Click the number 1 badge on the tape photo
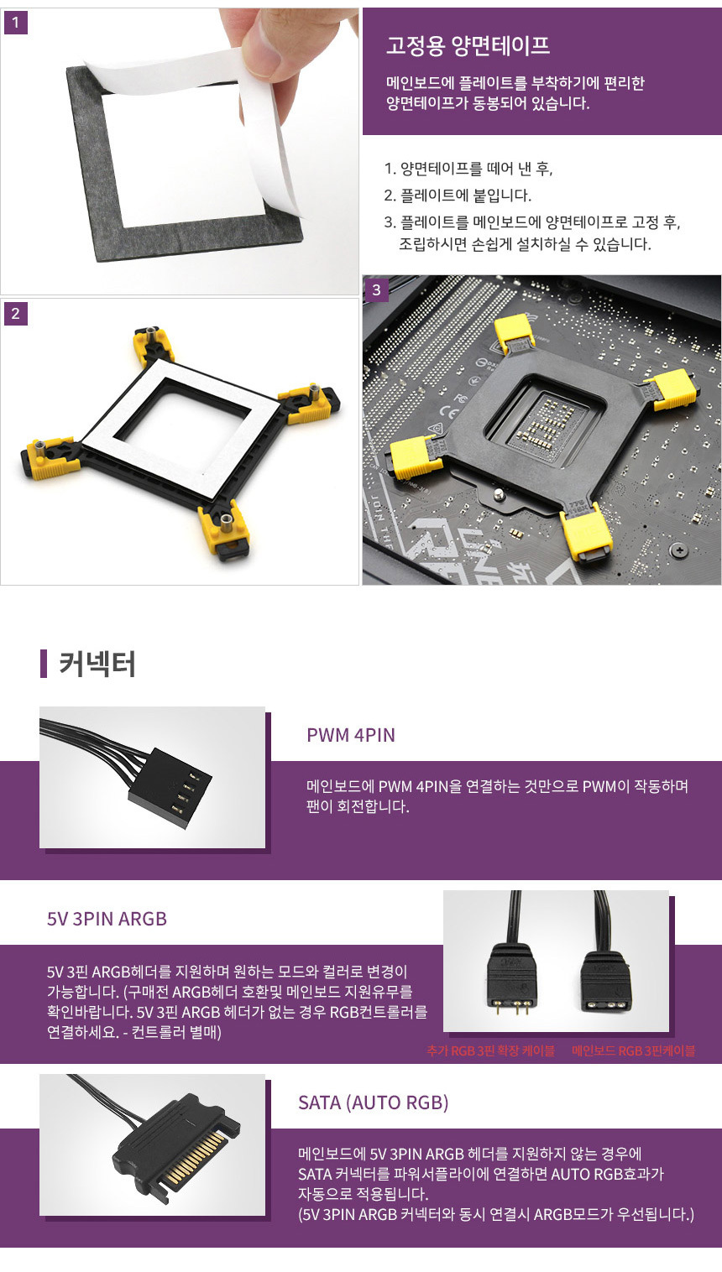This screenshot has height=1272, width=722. click(x=15, y=23)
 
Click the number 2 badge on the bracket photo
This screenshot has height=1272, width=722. click(x=15, y=314)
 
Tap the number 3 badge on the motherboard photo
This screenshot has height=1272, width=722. click(x=376, y=290)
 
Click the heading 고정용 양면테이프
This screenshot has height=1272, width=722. click(x=468, y=45)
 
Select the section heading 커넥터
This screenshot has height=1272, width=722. click(x=97, y=664)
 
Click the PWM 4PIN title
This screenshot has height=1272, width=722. click(x=350, y=735)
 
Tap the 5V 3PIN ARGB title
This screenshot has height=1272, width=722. click(x=107, y=919)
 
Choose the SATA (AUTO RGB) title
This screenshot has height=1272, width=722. click(x=374, y=1103)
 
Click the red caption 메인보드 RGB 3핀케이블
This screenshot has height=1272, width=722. click(x=633, y=1050)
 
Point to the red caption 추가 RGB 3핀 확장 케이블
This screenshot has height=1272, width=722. click(x=490, y=1050)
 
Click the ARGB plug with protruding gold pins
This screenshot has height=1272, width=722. click(x=511, y=977)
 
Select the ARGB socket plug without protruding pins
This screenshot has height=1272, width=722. click(x=606, y=978)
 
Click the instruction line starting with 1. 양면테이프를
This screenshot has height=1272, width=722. click(x=468, y=168)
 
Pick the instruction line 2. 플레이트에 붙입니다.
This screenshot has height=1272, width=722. click(x=458, y=195)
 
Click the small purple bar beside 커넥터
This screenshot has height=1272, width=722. click(x=44, y=664)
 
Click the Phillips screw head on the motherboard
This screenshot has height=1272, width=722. click(x=679, y=550)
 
